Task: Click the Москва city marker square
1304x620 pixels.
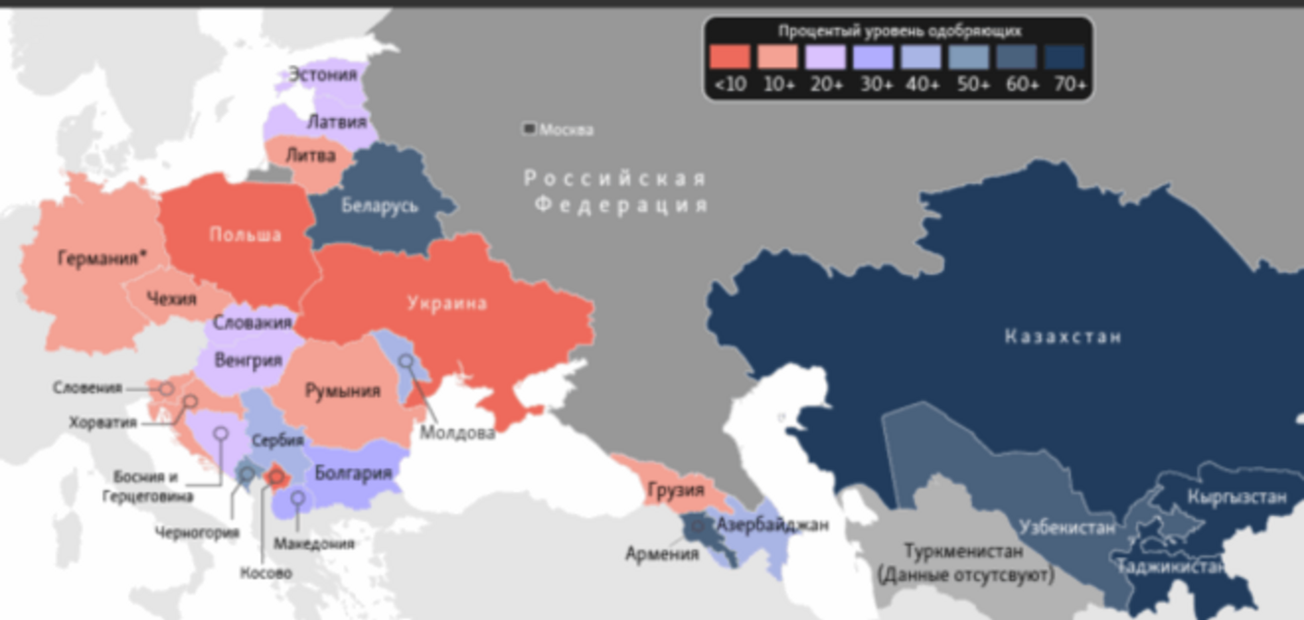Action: (529, 128)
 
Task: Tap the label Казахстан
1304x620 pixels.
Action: (1063, 336)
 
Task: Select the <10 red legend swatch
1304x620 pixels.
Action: (729, 57)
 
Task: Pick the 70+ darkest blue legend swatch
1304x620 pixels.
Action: (1065, 57)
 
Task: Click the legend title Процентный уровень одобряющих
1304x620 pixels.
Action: (899, 31)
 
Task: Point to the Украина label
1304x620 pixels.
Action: (447, 303)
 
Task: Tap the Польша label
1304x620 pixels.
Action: (245, 234)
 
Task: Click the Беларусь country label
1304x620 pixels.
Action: (380, 205)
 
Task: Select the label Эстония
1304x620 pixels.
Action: (323, 74)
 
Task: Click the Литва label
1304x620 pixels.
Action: (310, 155)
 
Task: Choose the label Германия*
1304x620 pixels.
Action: (102, 258)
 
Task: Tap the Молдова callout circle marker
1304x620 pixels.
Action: (406, 361)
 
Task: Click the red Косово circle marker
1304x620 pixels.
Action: (276, 476)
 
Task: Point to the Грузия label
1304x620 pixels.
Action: (675, 490)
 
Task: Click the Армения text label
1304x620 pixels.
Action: (662, 554)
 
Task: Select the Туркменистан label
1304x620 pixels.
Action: (964, 552)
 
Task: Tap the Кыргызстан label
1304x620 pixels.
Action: (1236, 497)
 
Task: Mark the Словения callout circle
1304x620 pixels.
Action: (166, 389)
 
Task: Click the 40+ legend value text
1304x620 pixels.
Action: (922, 85)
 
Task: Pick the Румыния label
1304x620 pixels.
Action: (343, 391)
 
